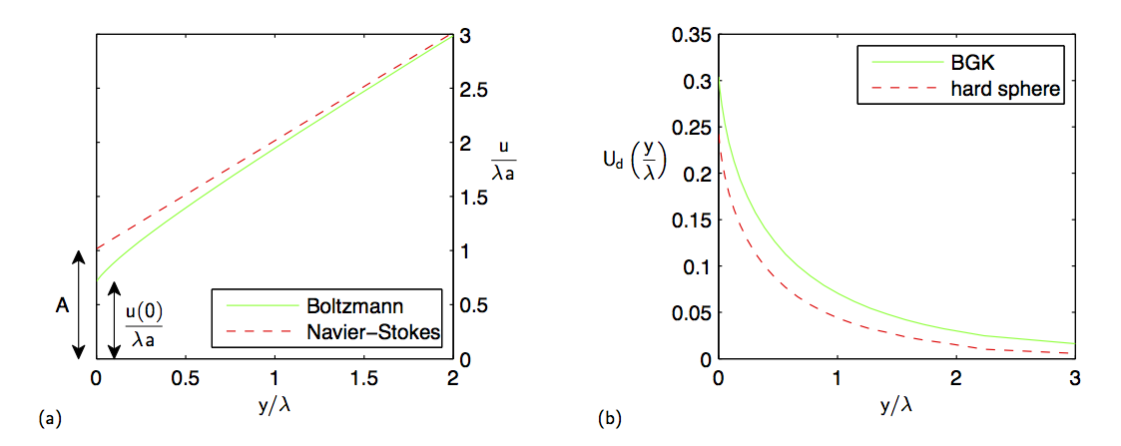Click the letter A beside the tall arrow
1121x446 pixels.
tap(61, 308)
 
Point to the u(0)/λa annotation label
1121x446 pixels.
tap(143, 324)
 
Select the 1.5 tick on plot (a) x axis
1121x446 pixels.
tap(363, 380)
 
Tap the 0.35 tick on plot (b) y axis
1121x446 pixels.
tap(688, 36)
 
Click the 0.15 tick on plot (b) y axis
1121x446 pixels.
tap(688, 221)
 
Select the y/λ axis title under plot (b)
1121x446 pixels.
tap(896, 408)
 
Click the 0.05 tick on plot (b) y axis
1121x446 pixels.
tap(688, 312)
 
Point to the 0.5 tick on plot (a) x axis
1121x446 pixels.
tap(184, 380)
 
